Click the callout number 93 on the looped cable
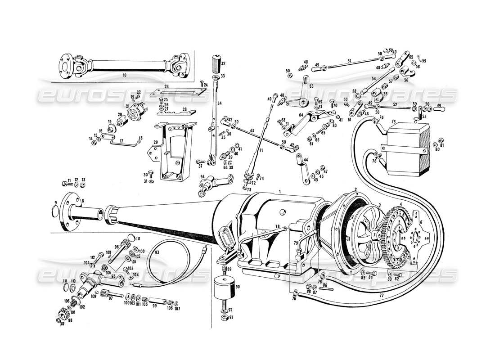[157, 252]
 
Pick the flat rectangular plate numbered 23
[179, 92]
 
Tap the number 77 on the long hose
[381, 296]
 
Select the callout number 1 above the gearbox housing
[279, 192]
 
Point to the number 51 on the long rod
[349, 61]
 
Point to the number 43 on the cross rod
[252, 130]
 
